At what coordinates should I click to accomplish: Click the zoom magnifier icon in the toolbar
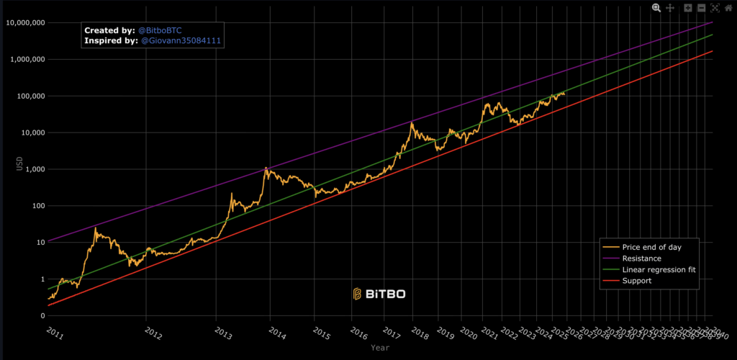pyautogui.click(x=656, y=7)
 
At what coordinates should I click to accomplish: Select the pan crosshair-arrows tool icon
pyautogui.click(x=669, y=7)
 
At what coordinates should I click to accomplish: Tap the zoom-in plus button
pyautogui.click(x=688, y=7)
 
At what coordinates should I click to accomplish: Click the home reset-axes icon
pyautogui.click(x=728, y=7)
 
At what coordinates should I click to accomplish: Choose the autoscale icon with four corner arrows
pyautogui.click(x=715, y=7)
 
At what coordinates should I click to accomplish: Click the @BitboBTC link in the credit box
pyautogui.click(x=160, y=31)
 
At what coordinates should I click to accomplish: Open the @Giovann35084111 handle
pyautogui.click(x=181, y=42)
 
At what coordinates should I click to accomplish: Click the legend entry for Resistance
pyautogui.click(x=642, y=258)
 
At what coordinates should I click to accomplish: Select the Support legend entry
pyautogui.click(x=637, y=281)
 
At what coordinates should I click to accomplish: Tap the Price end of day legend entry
pyautogui.click(x=651, y=247)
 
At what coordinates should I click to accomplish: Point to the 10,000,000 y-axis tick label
pyautogui.click(x=25, y=23)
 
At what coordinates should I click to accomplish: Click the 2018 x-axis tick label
pyautogui.click(x=419, y=333)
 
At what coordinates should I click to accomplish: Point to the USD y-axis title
pyautogui.click(x=19, y=163)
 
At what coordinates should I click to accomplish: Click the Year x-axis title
pyautogui.click(x=380, y=348)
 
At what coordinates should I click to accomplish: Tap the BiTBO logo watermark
pyautogui.click(x=379, y=294)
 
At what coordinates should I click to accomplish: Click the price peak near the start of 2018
pyautogui.click(x=412, y=123)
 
